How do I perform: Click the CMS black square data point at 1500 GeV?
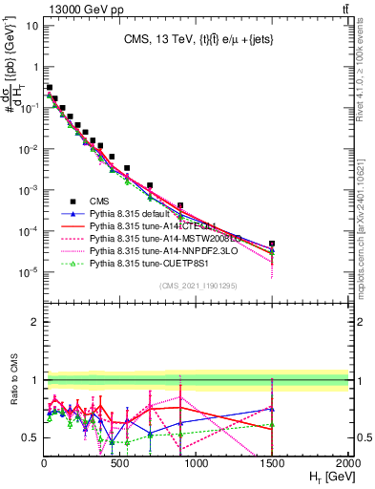click(272, 244)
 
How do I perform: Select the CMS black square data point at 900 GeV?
click(180, 205)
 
